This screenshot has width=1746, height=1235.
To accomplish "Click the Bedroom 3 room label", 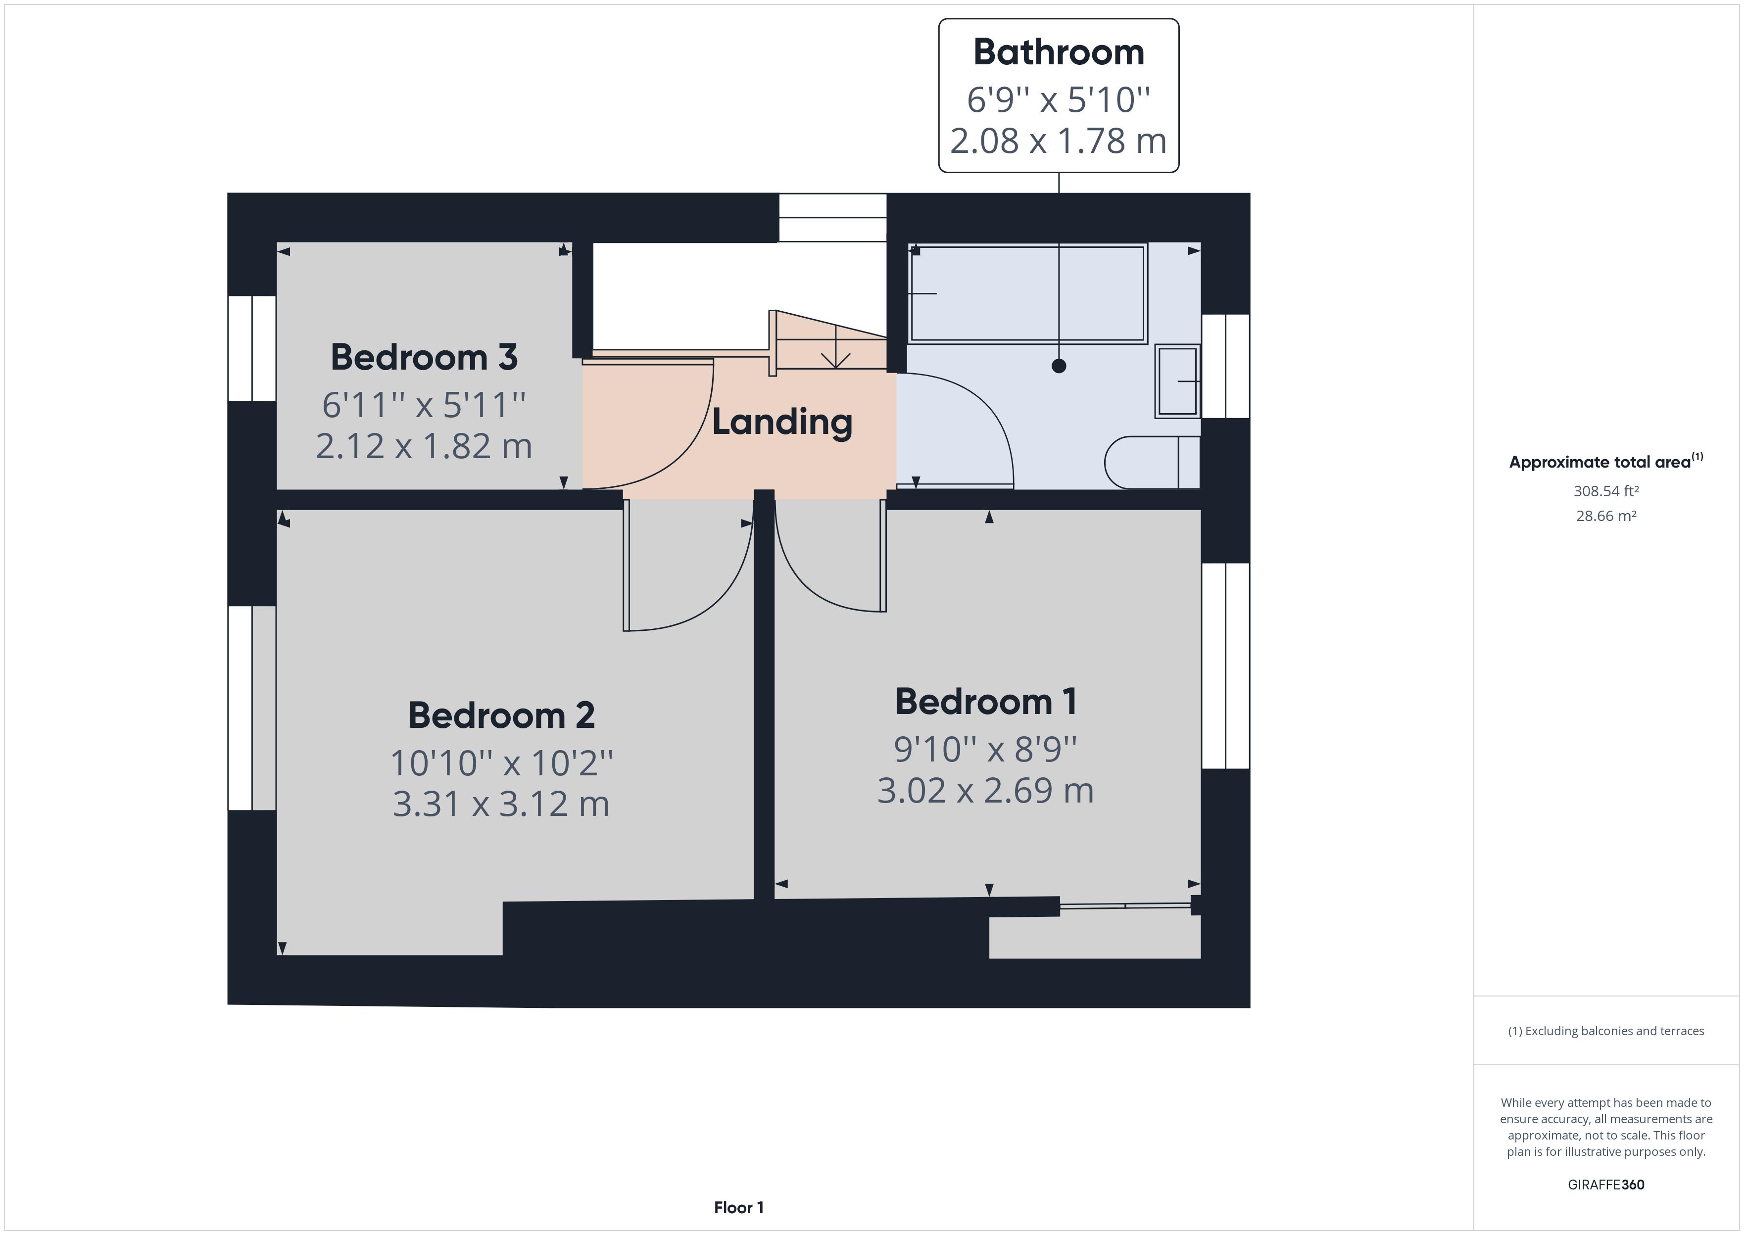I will pyautogui.click(x=424, y=357).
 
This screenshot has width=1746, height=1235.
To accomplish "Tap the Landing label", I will pyautogui.click(x=782, y=422).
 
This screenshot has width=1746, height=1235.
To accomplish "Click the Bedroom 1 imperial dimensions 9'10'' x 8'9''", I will pyautogui.click(x=985, y=750).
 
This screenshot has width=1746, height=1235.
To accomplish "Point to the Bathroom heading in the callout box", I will pyautogui.click(x=1059, y=52).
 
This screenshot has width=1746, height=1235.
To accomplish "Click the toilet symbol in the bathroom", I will pyautogui.click(x=1150, y=462).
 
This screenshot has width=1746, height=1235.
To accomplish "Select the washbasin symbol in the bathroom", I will pyautogui.click(x=1177, y=381).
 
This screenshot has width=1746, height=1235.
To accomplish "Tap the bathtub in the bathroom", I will pyautogui.click(x=1028, y=293).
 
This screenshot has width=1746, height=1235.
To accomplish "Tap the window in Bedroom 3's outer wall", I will pyautogui.click(x=252, y=348).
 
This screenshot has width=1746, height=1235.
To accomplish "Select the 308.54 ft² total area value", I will pyautogui.click(x=1605, y=491).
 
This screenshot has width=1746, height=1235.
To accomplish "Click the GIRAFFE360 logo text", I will pyautogui.click(x=1605, y=1184).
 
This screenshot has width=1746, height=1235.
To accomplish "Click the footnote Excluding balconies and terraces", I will pyautogui.click(x=1605, y=1031).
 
